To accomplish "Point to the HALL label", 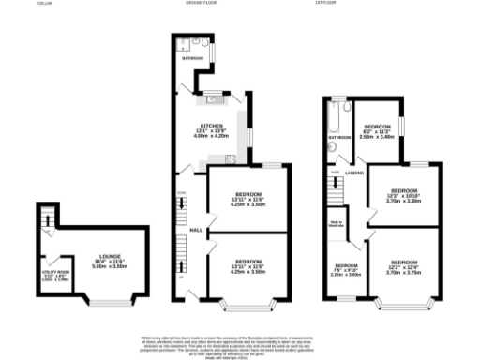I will pos(197,229).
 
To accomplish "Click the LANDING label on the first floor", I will pos(354,172).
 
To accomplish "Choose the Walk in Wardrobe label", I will pos(337,222).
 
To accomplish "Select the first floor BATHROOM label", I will pos(337,138).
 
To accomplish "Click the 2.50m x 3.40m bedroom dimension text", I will pos(376,137).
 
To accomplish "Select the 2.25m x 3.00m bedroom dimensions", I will pos(348,275).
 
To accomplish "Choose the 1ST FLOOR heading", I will pos(326,4).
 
